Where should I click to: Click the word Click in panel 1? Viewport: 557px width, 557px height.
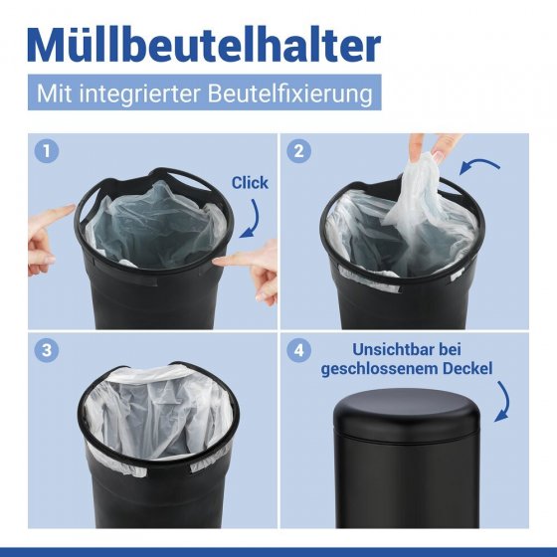pyautogui.click(x=250, y=183)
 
